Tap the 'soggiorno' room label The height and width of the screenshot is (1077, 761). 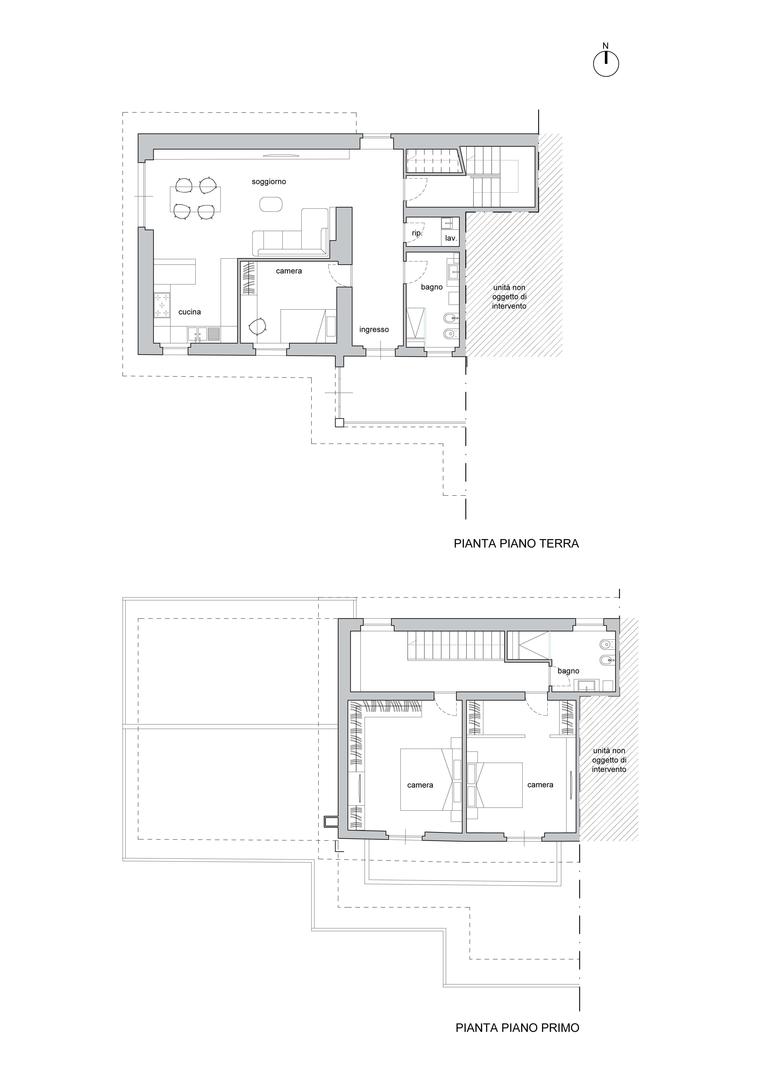coord(269,182)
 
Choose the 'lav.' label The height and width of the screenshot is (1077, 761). coord(451,238)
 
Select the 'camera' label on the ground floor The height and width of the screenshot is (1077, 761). coord(289,271)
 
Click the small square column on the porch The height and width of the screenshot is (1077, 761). coord(339,423)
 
